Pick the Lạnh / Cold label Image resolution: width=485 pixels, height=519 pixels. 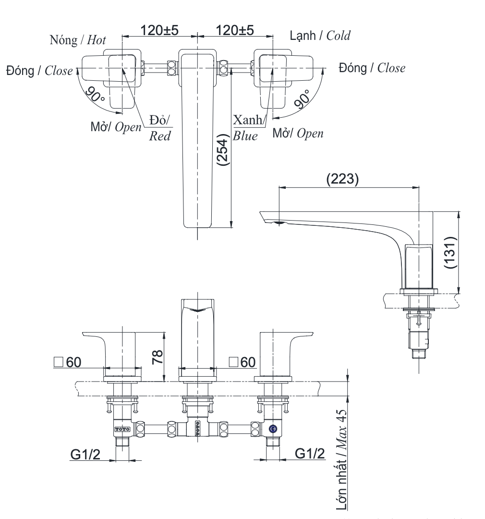coord(320,35)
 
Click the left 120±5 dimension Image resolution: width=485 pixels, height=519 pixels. coord(159,30)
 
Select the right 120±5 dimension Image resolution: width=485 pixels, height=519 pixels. coord(235,30)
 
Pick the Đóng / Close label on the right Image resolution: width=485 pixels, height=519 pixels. coord(372,68)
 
